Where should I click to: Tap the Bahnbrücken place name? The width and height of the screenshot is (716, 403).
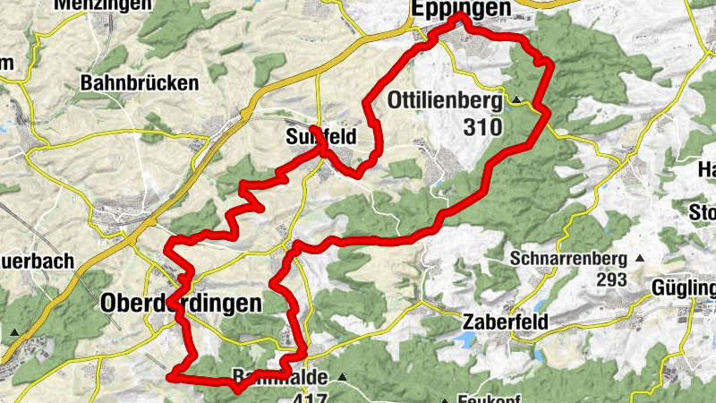pos(139,83)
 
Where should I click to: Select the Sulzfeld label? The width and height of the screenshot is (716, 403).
pos(320,137)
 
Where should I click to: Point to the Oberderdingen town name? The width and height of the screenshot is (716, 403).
pos(182,303)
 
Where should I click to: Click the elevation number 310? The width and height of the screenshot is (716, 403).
pos(483,127)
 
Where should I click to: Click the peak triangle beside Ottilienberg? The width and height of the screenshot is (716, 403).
pos(516,99)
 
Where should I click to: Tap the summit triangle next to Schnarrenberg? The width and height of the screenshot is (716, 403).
pos(639,259)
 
